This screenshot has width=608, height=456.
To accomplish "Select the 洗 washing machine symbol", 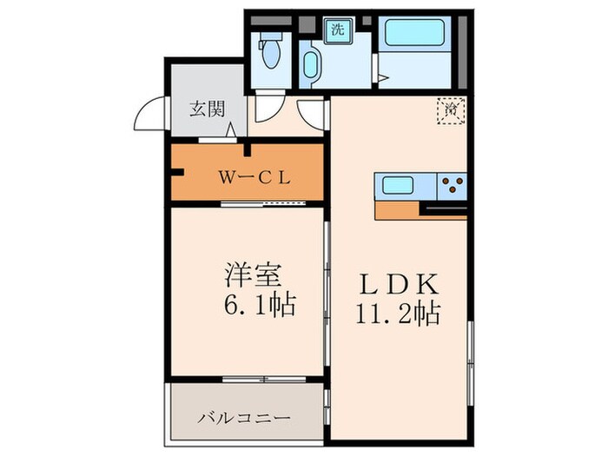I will (x=336, y=29).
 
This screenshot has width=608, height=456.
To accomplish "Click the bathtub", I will (x=415, y=35).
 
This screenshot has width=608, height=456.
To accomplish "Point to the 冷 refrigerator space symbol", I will (x=451, y=110).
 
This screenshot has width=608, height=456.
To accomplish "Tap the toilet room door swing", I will (x=266, y=107).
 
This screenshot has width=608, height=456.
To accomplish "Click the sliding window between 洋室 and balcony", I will (x=257, y=380).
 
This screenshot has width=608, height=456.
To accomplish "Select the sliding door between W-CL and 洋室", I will (x=265, y=204).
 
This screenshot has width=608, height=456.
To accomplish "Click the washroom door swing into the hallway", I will (x=309, y=110).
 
